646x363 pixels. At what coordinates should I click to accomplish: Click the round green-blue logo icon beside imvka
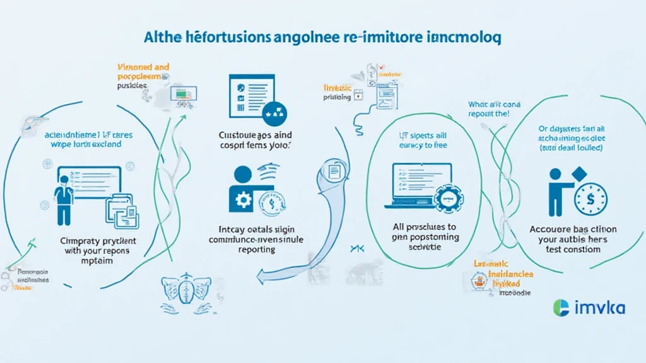[561, 308]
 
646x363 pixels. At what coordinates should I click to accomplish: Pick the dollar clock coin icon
[591, 200]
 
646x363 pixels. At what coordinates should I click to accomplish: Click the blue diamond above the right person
[578, 174]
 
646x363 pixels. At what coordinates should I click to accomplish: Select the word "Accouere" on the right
[549, 229]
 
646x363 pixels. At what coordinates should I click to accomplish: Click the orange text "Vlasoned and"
[144, 66]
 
